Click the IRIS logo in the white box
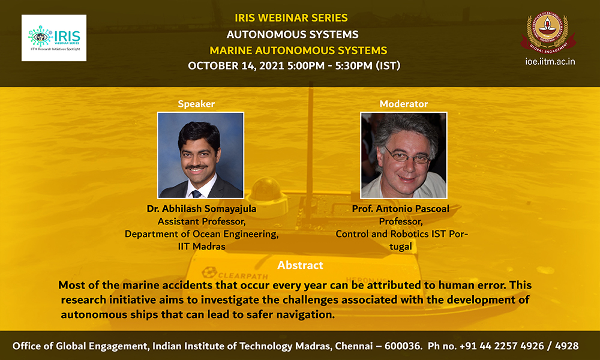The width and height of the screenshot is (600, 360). (54, 38)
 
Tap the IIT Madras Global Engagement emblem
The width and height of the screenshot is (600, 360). (548, 32)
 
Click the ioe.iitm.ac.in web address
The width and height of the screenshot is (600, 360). (550, 62)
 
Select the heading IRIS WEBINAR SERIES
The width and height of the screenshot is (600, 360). (291, 18)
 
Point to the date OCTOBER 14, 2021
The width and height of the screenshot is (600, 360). (236, 66)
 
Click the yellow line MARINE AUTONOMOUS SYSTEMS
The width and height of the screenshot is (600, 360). (298, 50)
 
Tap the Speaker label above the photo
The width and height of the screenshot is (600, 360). (196, 104)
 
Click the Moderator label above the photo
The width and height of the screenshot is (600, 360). (404, 104)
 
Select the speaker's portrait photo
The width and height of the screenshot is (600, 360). (200, 155)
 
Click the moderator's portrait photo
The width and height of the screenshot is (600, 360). (404, 155)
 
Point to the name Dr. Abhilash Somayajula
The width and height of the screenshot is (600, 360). (201, 209)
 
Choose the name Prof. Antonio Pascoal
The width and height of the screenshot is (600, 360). (401, 209)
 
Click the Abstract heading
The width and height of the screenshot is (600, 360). (300, 265)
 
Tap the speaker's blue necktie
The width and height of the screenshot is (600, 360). (196, 194)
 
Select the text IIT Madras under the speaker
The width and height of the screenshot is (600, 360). (201, 247)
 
